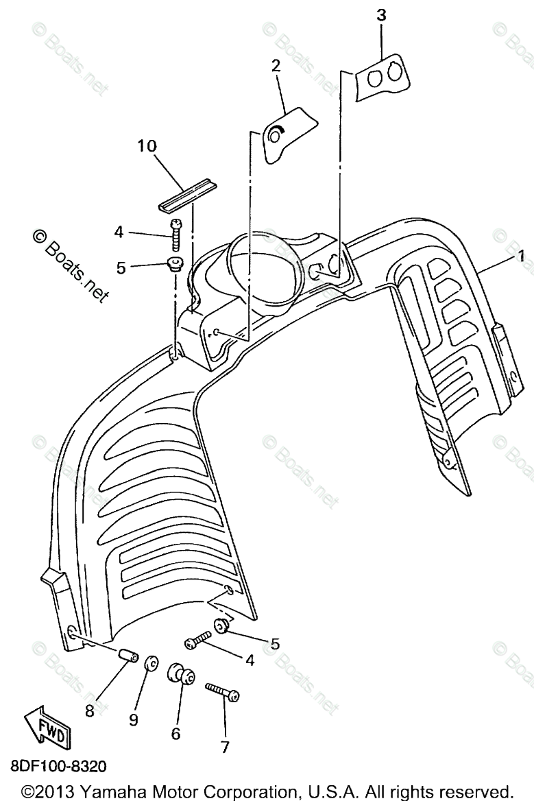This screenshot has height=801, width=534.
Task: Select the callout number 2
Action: pos(276,67)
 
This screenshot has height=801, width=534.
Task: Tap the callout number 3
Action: pos(381,16)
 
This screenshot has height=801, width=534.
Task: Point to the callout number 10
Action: pos(147,146)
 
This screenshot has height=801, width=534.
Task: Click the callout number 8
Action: pos(89,711)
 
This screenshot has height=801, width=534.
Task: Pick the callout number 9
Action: pos(133,719)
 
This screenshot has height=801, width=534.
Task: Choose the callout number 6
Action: pos(175,733)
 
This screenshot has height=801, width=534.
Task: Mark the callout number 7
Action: pos(226,747)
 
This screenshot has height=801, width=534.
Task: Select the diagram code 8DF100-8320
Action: pos(58,765)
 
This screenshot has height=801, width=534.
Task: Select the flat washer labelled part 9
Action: pos(151,663)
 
